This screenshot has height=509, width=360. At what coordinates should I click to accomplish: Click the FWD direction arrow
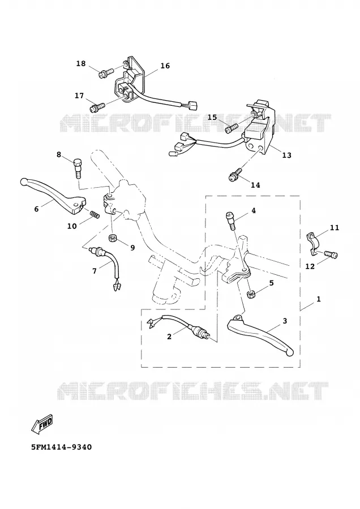tap(42, 424)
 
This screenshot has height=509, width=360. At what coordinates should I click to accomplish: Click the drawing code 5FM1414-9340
tap(61, 447)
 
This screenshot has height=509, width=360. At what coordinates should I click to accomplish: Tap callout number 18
tap(81, 63)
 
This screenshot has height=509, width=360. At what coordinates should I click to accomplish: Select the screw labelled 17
tap(97, 107)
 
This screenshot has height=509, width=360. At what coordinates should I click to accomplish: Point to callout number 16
tap(165, 66)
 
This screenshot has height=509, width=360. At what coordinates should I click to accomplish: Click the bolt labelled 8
tap(78, 168)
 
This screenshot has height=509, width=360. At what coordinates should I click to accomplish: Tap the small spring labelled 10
tap(95, 214)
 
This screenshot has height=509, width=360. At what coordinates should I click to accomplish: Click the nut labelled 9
tap(114, 238)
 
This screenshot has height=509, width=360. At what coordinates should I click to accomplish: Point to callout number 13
tap(286, 155)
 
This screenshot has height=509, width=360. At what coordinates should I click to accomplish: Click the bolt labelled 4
tap(230, 220)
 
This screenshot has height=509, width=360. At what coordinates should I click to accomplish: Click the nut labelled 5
tap(251, 294)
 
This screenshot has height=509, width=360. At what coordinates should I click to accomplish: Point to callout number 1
tap(319, 299)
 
